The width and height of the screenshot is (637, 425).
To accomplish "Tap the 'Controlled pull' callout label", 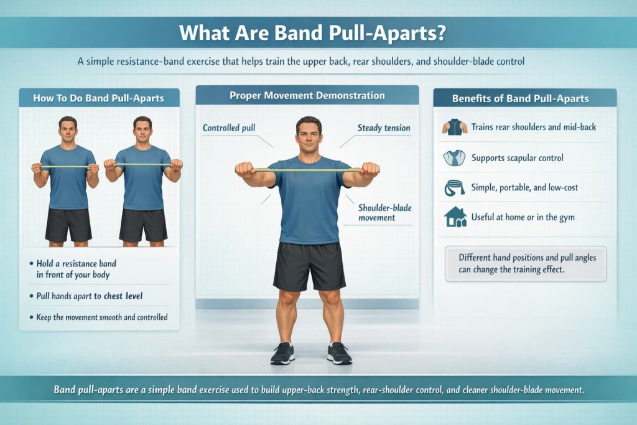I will [230, 128].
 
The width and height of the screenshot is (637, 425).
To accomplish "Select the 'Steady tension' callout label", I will [384, 128].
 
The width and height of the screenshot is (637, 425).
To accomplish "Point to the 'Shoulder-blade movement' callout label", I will [376, 213].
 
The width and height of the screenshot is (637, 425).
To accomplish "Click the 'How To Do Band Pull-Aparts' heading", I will [99, 98].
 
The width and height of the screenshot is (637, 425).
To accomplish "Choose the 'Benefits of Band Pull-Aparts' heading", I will [524, 98].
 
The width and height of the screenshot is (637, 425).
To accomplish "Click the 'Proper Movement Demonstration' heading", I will [307, 96].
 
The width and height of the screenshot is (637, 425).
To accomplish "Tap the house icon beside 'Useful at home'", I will [455, 217].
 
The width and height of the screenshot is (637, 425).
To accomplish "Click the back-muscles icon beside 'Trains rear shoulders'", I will [455, 128].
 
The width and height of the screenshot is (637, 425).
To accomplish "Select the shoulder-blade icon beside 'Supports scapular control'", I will [455, 158].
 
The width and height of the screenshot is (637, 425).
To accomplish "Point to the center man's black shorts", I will [309, 264].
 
